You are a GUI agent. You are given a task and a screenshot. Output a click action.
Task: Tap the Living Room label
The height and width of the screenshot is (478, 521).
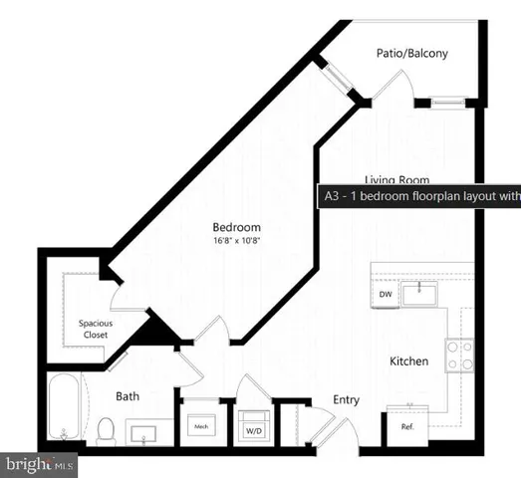click(x=396, y=179)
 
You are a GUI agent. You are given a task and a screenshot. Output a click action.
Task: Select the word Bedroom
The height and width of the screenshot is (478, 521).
click(x=237, y=227)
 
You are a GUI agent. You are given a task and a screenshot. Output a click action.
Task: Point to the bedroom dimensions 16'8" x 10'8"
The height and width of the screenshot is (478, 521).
click(x=237, y=241)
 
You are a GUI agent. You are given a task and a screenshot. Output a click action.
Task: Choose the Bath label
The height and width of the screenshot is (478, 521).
click(x=128, y=396)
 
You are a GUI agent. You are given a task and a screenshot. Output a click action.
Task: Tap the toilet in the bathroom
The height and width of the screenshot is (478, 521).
click(x=107, y=430)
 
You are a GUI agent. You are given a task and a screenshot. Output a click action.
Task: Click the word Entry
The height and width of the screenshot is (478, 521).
click(x=346, y=399)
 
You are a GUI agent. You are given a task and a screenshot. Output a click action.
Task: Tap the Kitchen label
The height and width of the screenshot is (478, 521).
click(x=409, y=361)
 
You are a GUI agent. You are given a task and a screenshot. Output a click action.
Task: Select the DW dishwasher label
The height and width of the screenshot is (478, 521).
click(x=385, y=295)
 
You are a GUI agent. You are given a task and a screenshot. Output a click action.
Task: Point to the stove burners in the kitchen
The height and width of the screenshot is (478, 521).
click(x=459, y=356)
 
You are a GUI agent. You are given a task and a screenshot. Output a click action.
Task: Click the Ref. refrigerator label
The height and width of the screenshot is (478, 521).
click(x=407, y=427)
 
